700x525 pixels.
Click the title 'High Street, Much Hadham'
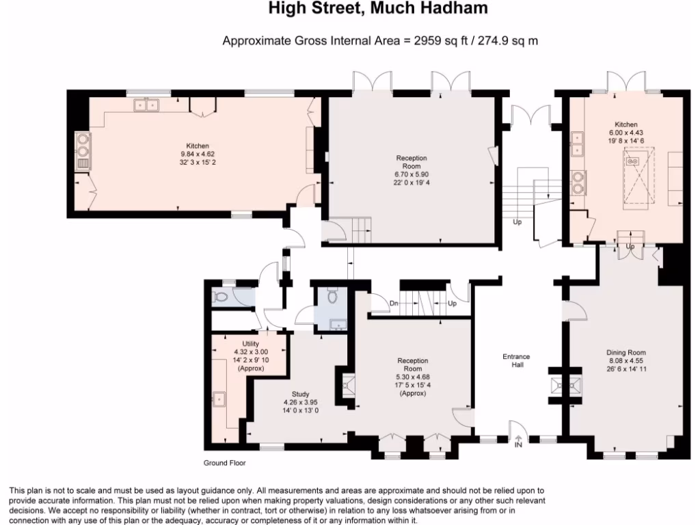pyautogui.click(x=377, y=8)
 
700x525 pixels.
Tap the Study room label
pyautogui.click(x=301, y=394)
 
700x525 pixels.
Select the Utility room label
pyautogui.click(x=250, y=344)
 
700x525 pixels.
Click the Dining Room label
pyautogui.click(x=626, y=352)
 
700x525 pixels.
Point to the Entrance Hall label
pyautogui.click(x=517, y=360)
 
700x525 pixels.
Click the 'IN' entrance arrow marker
pyautogui.click(x=518, y=442)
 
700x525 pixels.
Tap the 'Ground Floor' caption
pyautogui.click(x=224, y=463)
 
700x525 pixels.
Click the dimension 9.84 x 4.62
pyautogui.click(x=198, y=154)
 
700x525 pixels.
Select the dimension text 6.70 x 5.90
pyautogui.click(x=412, y=174)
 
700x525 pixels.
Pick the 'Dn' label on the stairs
pyautogui.click(x=394, y=304)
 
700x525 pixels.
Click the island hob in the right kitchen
pyautogui.click(x=632, y=161)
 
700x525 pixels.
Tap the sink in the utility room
pyautogui.click(x=219, y=399)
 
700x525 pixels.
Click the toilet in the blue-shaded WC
pyautogui.click(x=332, y=296)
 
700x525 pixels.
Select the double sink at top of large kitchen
pyautogui.click(x=146, y=105)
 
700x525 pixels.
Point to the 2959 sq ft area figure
pyautogui.click(x=441, y=40)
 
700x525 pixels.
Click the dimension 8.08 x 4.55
pyautogui.click(x=626, y=361)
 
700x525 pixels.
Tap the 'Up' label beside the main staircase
pyautogui.click(x=517, y=221)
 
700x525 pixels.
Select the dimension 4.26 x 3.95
pyautogui.click(x=301, y=402)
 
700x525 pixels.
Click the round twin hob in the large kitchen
pyautogui.click(x=83, y=146)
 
